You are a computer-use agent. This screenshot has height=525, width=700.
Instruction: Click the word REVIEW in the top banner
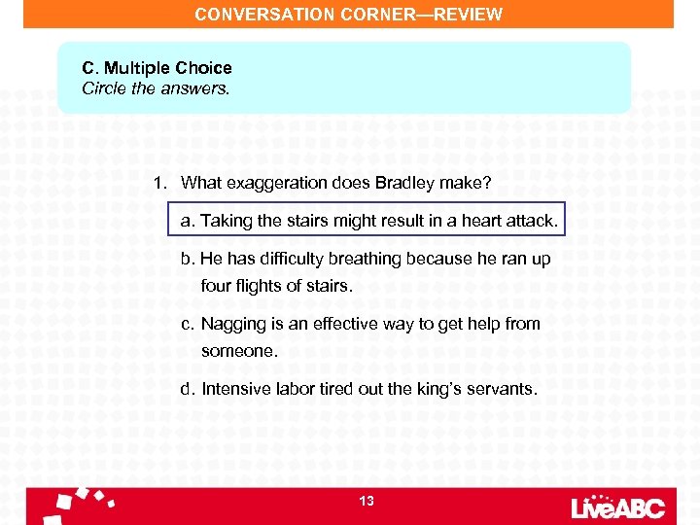[x=469, y=15]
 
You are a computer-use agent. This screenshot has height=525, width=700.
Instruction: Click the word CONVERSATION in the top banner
[x=254, y=15]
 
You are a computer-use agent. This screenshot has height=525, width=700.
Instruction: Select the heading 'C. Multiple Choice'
[x=157, y=68]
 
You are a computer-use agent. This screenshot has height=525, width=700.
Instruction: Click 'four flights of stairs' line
[x=277, y=286]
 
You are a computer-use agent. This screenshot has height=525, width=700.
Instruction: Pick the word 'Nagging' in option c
[x=229, y=324]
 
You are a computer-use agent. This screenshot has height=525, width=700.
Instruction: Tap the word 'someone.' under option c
[x=239, y=350]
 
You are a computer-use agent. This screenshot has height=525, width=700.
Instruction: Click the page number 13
[x=366, y=501]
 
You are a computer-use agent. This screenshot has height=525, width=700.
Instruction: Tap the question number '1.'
[x=160, y=183]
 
